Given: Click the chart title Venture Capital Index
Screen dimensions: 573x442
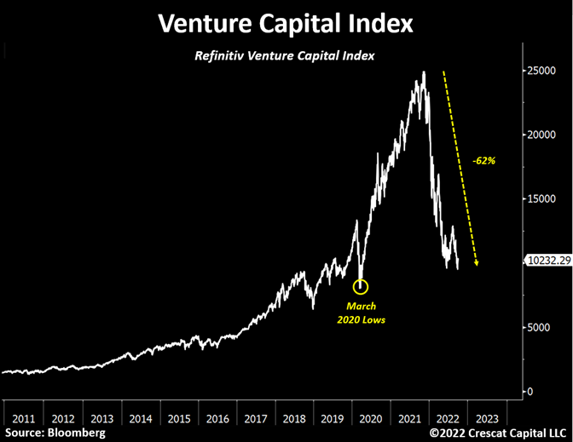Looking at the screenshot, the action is [x=286, y=23].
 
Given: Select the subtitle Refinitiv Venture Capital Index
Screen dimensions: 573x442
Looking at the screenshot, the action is [x=284, y=56].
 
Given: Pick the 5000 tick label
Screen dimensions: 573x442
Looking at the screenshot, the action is [x=538, y=327].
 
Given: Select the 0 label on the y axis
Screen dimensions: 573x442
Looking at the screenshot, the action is [x=530, y=392].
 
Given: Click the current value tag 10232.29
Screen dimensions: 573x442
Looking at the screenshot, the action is [x=549, y=261].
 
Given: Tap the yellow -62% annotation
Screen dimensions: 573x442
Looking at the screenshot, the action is [x=483, y=161].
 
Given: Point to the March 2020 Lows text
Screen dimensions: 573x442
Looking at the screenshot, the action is [x=361, y=313].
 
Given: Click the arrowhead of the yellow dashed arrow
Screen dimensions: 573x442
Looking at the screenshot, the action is [x=476, y=263].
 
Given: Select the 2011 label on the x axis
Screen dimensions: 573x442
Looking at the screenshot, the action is [x=24, y=419].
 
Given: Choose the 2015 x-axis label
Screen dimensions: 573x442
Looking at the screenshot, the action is [x=179, y=419].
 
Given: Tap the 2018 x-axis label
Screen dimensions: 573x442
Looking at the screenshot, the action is [x=294, y=419].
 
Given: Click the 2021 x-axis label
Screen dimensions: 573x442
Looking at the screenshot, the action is [x=409, y=419].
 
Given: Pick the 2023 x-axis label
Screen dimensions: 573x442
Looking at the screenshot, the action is [x=487, y=419].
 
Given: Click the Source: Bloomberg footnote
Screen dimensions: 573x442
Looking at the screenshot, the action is [x=55, y=433].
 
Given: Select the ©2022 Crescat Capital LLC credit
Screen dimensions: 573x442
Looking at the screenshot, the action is [x=498, y=433].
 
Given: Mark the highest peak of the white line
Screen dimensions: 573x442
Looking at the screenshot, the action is [x=424, y=72].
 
